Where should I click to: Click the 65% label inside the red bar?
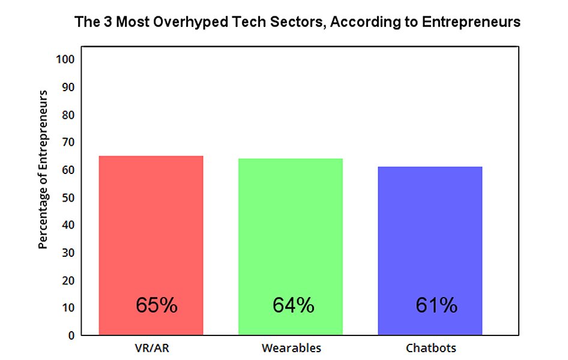tap(156, 305)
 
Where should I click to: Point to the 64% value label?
tap(293, 305)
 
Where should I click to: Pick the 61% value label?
tap(436, 305)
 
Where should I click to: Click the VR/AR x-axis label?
tap(151, 348)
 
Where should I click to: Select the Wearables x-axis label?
tap(291, 348)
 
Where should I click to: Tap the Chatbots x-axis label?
tap(431, 348)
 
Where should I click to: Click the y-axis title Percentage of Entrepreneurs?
tap(43, 170)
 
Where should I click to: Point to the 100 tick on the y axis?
tap(64, 59)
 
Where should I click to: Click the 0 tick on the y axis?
tap(70, 335)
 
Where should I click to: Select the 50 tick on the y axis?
tap(67, 197)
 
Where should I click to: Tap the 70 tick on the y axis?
tap(67, 142)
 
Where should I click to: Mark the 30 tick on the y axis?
tap(67, 253)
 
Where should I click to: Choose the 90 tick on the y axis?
tap(67, 87)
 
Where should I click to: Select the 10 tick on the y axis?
tap(67, 308)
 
